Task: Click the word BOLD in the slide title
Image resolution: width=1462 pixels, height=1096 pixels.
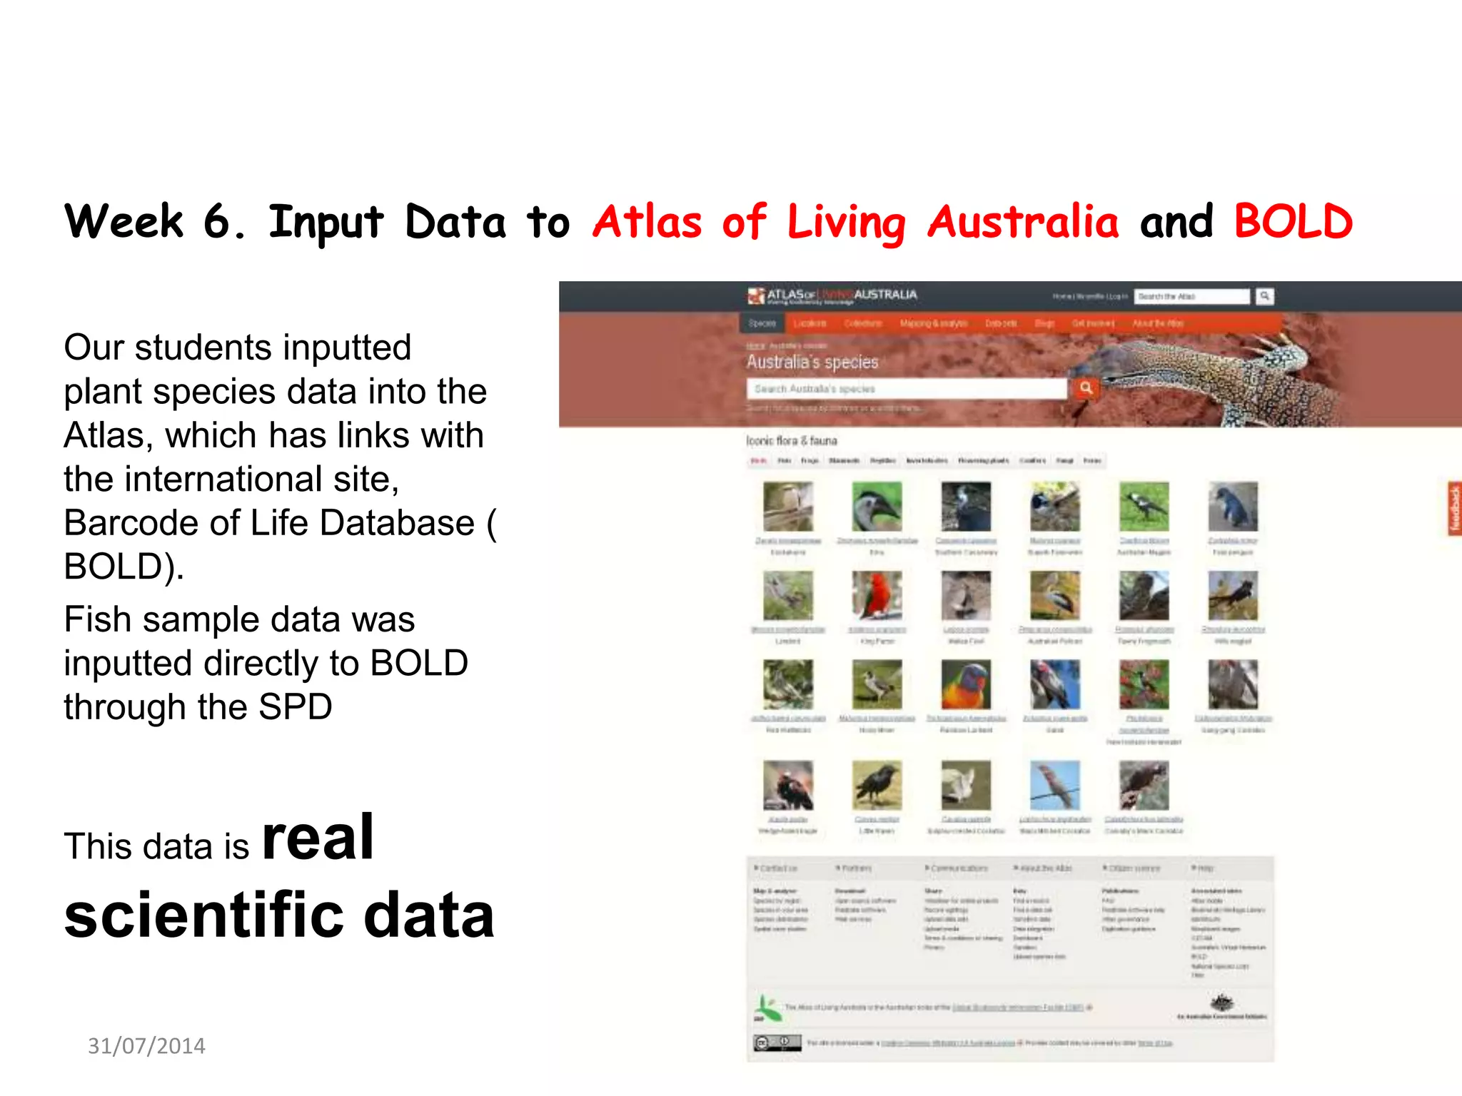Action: coord(1293,221)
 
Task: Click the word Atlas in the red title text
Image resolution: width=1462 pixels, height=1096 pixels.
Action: coord(647,221)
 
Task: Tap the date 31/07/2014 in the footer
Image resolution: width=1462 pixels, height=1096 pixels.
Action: coord(146,1045)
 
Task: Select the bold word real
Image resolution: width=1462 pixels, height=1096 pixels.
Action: coord(318,838)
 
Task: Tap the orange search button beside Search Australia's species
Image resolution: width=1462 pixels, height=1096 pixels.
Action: coord(1086,388)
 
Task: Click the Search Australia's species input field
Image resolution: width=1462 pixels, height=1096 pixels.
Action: coord(907,389)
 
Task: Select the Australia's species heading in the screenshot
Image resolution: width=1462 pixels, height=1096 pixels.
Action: coord(812,362)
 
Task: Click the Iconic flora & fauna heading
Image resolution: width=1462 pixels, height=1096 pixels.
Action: coord(792,441)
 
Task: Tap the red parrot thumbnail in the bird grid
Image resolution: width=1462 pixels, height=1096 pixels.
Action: coord(877,596)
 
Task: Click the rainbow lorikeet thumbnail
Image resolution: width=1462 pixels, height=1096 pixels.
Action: coord(966,684)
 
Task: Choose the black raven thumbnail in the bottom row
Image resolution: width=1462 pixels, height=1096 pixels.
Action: coord(877,785)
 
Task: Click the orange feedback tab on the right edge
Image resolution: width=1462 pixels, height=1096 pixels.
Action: coord(1453,508)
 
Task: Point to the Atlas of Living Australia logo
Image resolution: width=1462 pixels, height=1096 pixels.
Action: coord(832,295)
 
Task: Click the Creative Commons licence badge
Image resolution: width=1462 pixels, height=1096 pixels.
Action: coord(777,1042)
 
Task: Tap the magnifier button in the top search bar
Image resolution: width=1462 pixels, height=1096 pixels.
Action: coord(1264,295)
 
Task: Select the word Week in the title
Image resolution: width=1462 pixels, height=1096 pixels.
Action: coord(124,221)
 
